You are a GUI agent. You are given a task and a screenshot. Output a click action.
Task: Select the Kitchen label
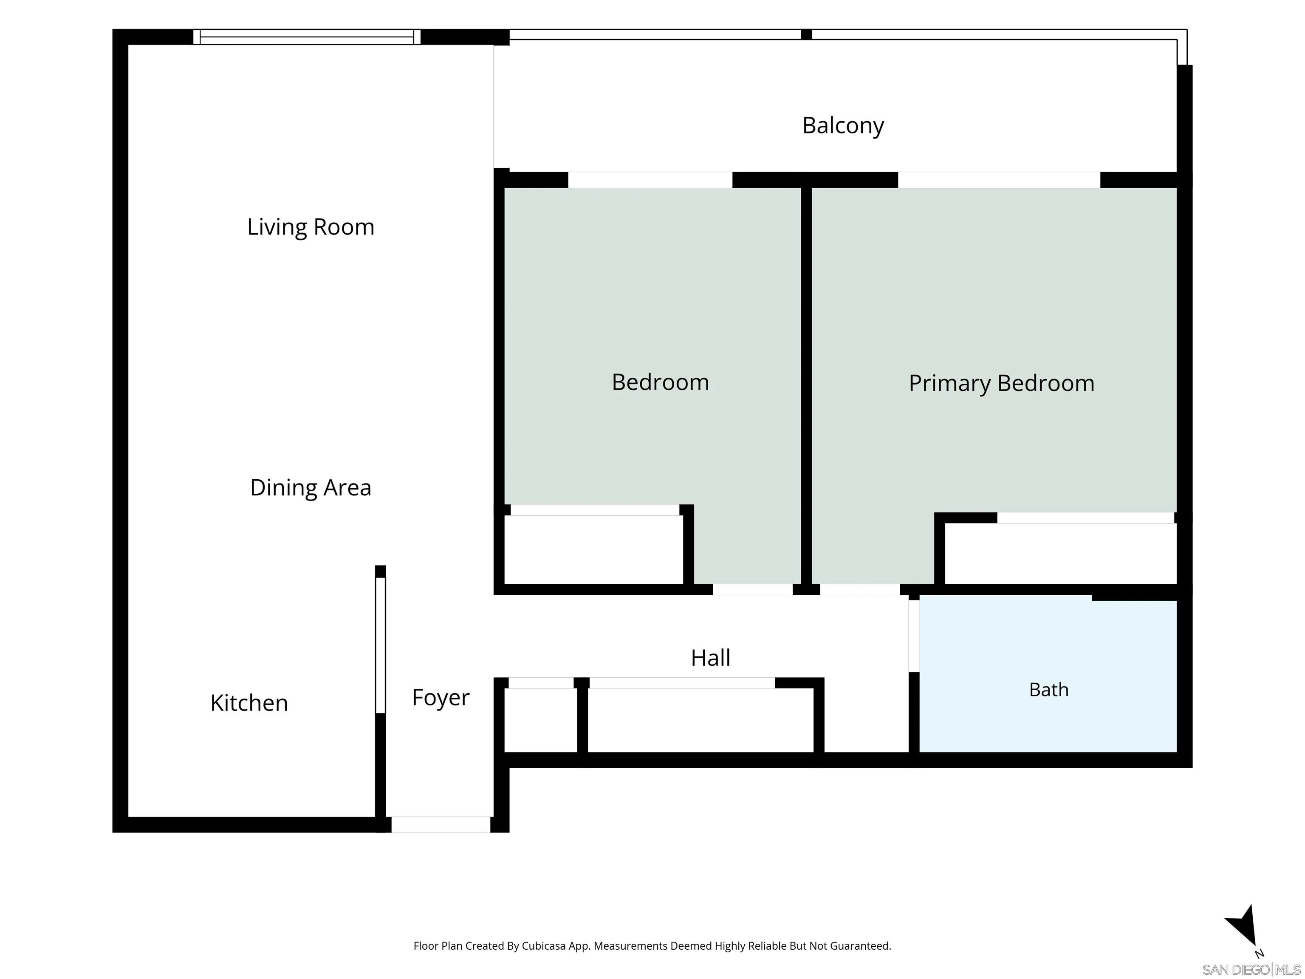[x=249, y=703]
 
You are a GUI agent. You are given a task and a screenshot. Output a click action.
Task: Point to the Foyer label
[x=441, y=698]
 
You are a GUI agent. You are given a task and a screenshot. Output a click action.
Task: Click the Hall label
[x=710, y=658]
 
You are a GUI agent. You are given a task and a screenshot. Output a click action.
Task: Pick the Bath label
[x=1048, y=690]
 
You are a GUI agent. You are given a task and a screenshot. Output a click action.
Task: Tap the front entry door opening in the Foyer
[x=441, y=824]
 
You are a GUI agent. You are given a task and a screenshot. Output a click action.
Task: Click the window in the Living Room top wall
[x=307, y=37]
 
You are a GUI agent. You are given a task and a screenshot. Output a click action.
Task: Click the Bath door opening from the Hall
[x=914, y=636]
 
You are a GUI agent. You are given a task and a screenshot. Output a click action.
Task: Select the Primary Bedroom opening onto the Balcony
[x=999, y=180]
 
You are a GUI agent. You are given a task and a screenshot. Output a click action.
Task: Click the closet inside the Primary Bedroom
[x=1060, y=554]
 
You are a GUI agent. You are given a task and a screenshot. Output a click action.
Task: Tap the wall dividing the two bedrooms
[x=806, y=386]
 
